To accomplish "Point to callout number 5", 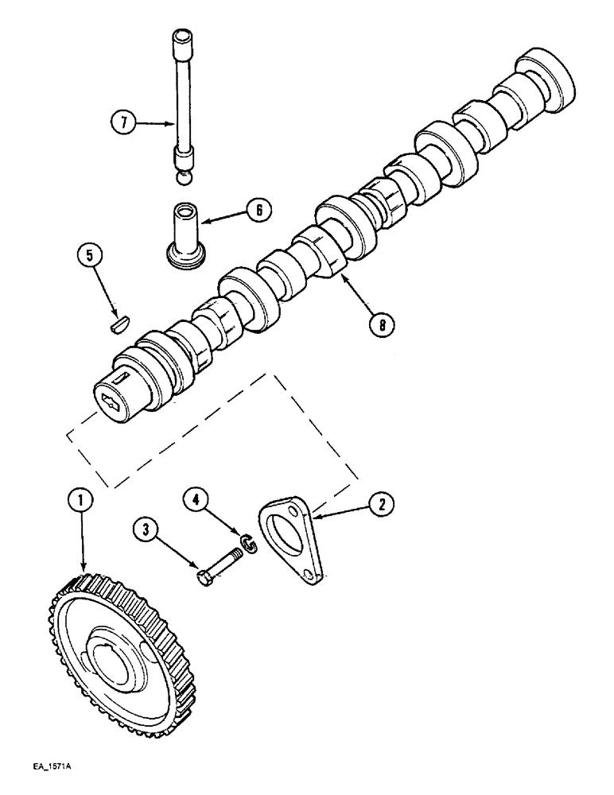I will point(90,257).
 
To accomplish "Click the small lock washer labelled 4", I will point(251,546).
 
